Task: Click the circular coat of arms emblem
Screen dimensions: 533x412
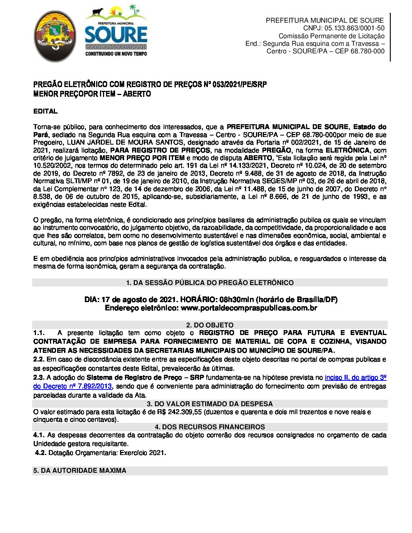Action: click(55, 36)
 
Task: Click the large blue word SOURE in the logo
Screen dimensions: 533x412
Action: click(115, 35)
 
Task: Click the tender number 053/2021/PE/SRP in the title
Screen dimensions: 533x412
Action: click(239, 84)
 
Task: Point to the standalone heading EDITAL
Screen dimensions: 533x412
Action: click(45, 111)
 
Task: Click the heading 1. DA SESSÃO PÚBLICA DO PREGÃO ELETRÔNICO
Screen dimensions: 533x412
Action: click(209, 283)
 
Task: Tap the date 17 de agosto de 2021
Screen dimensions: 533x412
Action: click(139, 299)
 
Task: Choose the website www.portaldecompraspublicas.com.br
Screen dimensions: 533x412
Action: click(249, 308)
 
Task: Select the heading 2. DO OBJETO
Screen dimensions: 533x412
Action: click(209, 325)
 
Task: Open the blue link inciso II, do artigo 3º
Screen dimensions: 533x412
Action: click(355, 377)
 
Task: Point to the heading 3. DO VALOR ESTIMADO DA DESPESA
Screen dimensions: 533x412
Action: click(209, 404)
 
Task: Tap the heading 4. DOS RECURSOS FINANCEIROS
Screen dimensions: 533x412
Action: click(209, 427)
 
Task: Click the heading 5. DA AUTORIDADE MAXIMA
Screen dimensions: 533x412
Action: click(80, 471)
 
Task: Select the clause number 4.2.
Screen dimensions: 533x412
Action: click(41, 453)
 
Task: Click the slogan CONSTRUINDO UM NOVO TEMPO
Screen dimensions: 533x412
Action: click(116, 54)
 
